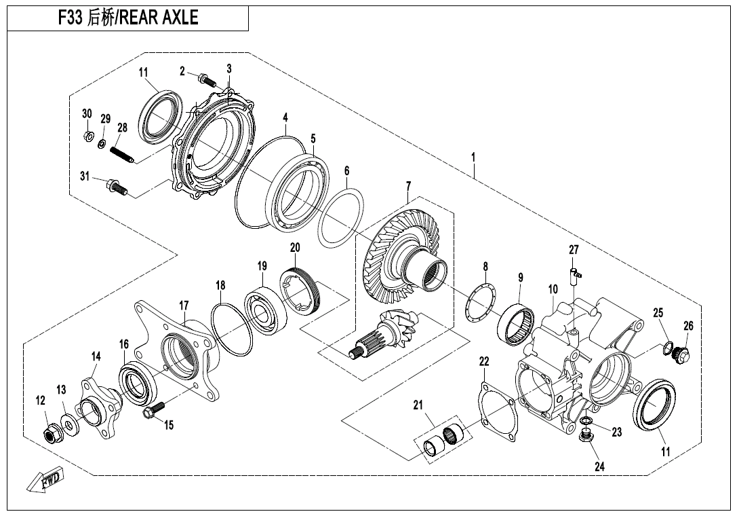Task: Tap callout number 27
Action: pyautogui.click(x=574, y=251)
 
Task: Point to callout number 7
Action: pyautogui.click(x=408, y=185)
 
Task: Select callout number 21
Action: pyautogui.click(x=418, y=405)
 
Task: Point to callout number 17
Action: pyautogui.click(x=184, y=306)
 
